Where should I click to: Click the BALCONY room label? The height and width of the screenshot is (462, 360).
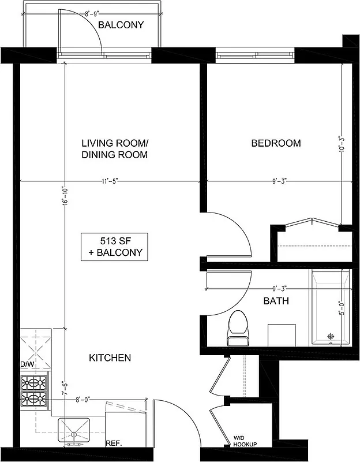(x=121, y=25)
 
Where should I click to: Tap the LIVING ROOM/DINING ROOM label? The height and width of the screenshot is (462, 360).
(x=114, y=149)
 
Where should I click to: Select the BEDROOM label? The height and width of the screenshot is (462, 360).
(x=276, y=143)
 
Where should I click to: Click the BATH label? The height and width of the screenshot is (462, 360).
(x=276, y=301)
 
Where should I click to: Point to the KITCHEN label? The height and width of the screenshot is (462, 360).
(x=110, y=358)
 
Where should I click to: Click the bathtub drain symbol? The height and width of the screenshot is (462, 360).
(x=331, y=336)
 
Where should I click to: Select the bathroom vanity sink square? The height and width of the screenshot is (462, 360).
(x=282, y=335)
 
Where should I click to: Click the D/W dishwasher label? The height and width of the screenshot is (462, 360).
(x=27, y=365)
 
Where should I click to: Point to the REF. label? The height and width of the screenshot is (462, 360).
(x=113, y=444)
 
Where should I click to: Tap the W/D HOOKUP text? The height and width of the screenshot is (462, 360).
(x=245, y=441)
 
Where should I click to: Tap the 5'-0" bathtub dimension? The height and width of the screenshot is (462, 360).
(x=342, y=306)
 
